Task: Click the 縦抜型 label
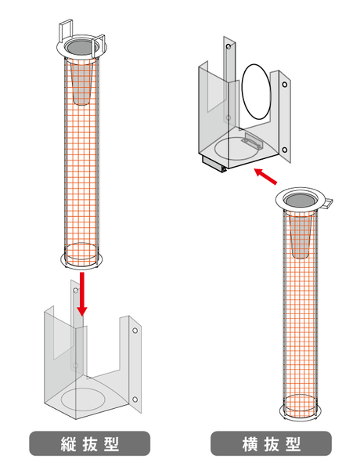click(x=89, y=443)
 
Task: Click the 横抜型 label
click(x=271, y=443)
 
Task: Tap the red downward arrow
click(x=81, y=294)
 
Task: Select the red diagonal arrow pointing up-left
click(x=265, y=176)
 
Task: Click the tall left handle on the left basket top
click(x=65, y=31)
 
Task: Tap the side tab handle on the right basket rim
click(x=328, y=203)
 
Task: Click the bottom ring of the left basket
click(x=81, y=263)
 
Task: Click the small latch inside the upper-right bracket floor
click(x=253, y=140)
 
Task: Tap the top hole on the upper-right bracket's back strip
click(x=229, y=46)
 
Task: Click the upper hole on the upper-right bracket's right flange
click(x=285, y=85)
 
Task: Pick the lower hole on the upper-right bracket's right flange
click(x=285, y=150)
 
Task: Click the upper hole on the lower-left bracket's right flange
click(x=135, y=331)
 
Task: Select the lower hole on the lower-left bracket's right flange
click(x=135, y=399)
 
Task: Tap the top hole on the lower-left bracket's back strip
click(x=76, y=291)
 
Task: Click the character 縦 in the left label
click(x=68, y=444)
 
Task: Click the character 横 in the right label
click(x=250, y=444)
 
